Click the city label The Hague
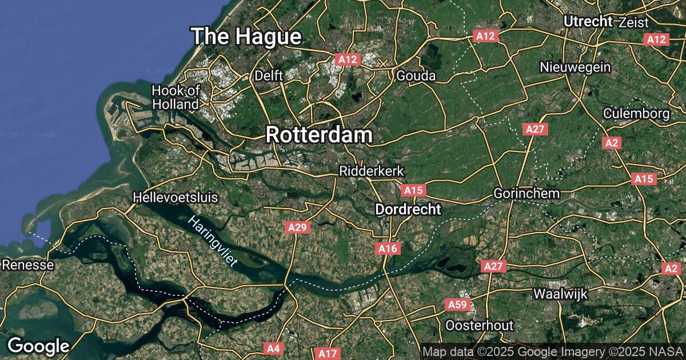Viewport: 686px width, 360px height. pos(246,37)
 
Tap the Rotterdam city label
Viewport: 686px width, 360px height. pos(319,135)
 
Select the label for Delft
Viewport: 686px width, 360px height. pos(269,75)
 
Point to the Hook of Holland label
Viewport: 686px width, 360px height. pos(176,97)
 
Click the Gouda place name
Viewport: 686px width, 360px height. pos(416,76)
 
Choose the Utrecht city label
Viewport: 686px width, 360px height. pos(588,22)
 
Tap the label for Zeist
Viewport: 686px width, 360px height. pos(633,23)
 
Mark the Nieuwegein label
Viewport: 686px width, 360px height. pos(575,67)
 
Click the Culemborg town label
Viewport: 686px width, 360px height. pos(637,113)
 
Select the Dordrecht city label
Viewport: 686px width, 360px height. pos(408,210)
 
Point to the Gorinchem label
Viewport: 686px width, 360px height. pos(527,194)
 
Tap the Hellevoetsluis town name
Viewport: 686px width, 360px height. pos(176,198)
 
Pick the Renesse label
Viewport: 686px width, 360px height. pos(28,265)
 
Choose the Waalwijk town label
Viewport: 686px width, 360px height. pos(560,294)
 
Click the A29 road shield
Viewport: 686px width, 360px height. pos(297,228)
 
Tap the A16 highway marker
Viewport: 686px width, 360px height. pos(388,249)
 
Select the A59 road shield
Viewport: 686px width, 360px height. pos(457,305)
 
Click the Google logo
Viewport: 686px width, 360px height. pos(38,346)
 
